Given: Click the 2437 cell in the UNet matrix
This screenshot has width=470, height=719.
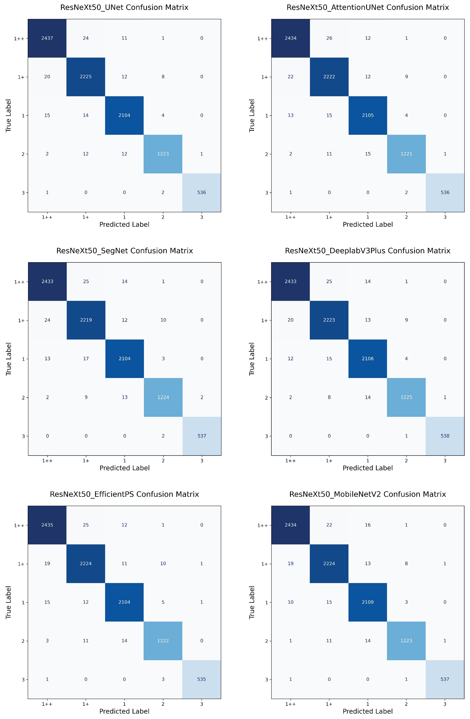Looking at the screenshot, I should pos(47,38).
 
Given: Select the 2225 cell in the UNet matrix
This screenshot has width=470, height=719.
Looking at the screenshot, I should pos(86,77).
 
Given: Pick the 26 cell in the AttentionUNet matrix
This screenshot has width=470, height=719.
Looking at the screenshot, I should pos(329,38).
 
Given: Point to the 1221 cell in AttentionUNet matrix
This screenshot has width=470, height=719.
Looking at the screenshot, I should pos(406,154).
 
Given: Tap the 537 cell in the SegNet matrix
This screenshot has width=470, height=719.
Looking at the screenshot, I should pos(202,436).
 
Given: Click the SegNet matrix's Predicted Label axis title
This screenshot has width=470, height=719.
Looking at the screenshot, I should pos(125,468).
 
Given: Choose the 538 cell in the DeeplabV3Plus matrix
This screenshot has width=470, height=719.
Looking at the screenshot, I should pos(445,436).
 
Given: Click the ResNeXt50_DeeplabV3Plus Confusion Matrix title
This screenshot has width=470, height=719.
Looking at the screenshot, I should pos(368,251).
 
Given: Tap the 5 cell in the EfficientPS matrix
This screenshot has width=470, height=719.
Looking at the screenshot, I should pos(163,602).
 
